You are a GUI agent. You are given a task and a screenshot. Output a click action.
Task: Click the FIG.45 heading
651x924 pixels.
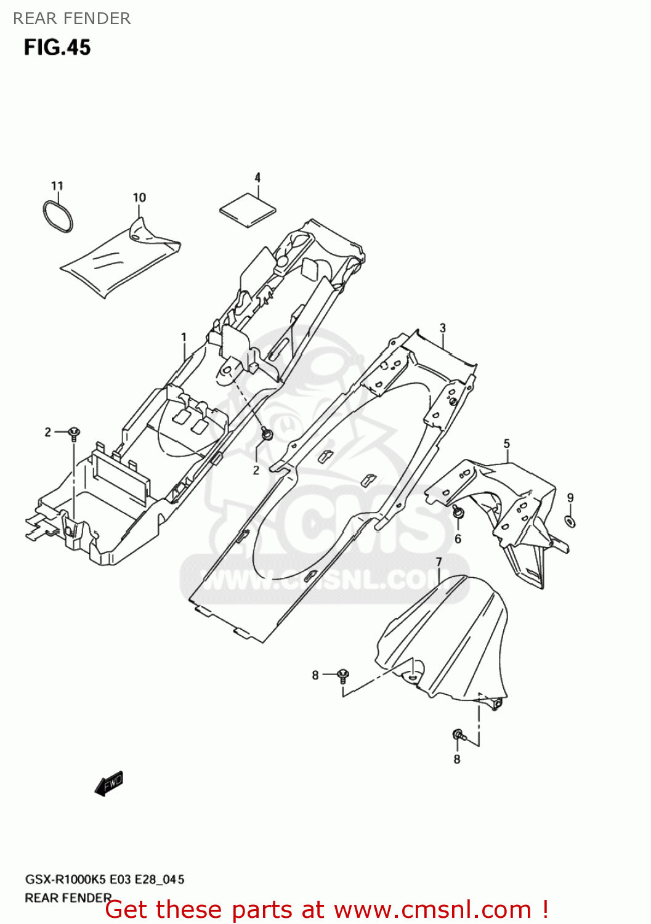point(57,47)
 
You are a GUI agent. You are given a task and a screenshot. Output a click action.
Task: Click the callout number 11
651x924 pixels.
point(57,185)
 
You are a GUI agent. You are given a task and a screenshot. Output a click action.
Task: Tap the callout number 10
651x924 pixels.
point(139,197)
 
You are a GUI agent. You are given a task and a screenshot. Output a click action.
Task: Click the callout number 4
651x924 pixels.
point(257,177)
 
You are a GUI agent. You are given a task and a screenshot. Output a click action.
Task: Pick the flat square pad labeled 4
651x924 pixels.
point(248,210)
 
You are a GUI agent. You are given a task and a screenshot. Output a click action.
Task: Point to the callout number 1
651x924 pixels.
point(184,337)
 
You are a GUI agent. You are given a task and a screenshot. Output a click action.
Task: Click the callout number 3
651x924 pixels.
point(442,328)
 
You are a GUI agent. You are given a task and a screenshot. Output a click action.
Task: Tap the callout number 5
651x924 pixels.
point(506,444)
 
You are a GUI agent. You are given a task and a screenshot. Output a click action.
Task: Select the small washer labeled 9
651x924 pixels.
point(570,522)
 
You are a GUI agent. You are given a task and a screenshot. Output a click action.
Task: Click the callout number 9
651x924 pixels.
point(570,498)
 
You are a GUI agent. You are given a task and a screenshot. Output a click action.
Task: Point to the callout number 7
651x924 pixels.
point(439,562)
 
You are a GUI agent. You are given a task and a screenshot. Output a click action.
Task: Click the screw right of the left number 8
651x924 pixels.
point(344,675)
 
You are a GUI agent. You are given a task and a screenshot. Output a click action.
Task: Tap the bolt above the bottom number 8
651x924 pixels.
point(459,735)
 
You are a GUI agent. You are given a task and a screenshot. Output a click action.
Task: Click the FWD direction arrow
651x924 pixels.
point(109,784)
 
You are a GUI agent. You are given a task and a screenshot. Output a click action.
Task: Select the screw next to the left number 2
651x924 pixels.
point(74,432)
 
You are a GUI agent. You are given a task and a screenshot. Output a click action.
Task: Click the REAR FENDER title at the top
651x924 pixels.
point(71,18)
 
